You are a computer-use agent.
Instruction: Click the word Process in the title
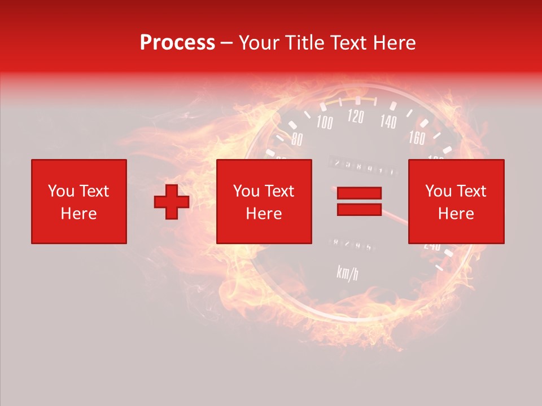[x=177, y=43]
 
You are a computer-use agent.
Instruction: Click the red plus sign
[x=172, y=201]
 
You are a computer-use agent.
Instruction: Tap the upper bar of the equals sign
[x=359, y=193]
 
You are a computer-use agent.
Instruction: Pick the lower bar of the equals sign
[x=359, y=209]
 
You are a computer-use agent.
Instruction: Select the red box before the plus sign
[x=78, y=201]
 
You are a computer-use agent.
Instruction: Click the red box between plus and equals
[x=264, y=201]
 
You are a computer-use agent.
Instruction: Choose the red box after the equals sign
[x=456, y=201]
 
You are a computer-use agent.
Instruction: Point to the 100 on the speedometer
[x=324, y=122]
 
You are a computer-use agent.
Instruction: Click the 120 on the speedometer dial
[x=356, y=117]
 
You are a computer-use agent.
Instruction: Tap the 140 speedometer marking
[x=388, y=121]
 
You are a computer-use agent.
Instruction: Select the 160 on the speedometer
[x=417, y=138]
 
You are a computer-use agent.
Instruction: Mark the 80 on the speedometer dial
[x=297, y=139]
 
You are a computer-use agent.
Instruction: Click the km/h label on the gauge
[x=347, y=273]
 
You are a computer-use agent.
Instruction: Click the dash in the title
[x=227, y=43]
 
